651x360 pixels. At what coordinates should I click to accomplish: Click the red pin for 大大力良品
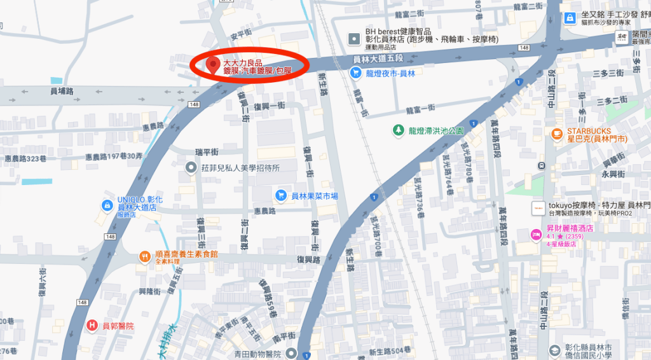[x=213, y=64]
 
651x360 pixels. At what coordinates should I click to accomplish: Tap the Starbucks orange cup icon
[x=557, y=134]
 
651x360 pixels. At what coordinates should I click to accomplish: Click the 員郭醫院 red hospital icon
[x=92, y=326]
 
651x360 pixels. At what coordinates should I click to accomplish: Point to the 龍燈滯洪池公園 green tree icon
[x=398, y=130]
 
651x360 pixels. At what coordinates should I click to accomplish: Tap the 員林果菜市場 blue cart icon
[x=280, y=195]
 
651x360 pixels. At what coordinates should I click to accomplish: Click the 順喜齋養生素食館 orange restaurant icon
[x=145, y=257]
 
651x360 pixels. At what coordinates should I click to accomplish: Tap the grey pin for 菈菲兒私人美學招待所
[x=190, y=167]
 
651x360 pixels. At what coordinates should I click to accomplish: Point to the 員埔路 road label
[x=62, y=92]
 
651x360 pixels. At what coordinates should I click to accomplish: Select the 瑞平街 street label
[x=207, y=151]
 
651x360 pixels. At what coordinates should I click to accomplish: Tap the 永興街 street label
[x=613, y=174]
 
